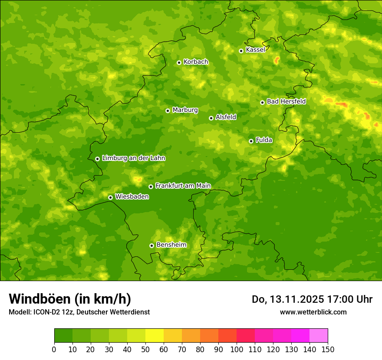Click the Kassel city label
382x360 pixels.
click(255, 50)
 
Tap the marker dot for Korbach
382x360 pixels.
click(179, 62)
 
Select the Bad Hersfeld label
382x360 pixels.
click(286, 101)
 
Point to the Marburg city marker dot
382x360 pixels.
click(168, 111)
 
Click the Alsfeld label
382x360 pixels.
click(226, 117)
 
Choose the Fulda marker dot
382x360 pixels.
click(251, 141)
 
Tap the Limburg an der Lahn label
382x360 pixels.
click(133, 158)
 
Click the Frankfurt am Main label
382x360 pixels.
click(183, 186)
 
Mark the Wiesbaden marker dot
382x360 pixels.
click(110, 197)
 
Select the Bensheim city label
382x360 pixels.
click(171, 245)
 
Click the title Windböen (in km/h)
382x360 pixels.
click(70, 299)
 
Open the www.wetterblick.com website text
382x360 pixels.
click(313, 312)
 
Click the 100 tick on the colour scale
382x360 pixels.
click(237, 349)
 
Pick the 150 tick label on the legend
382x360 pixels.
click(328, 349)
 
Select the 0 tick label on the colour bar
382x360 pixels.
click(54, 349)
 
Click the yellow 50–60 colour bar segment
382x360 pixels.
click(155, 335)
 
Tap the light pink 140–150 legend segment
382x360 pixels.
click(319, 335)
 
